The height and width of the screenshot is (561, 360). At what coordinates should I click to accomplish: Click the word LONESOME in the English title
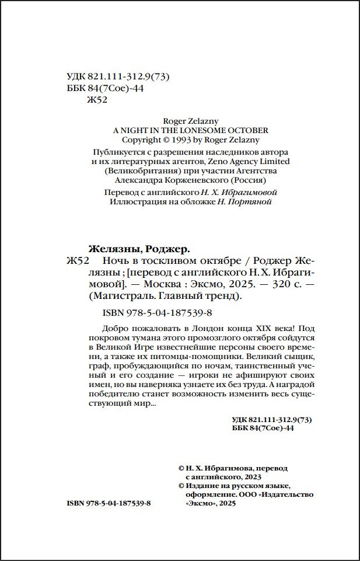pos(201,130)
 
